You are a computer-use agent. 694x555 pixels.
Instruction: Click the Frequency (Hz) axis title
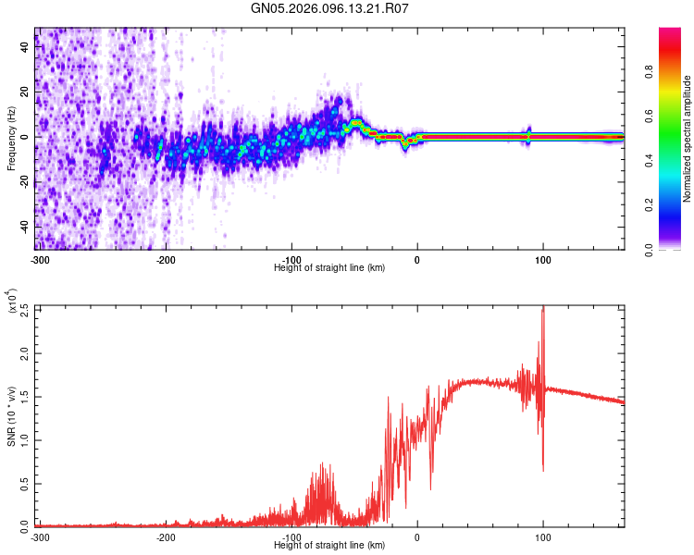click(11, 139)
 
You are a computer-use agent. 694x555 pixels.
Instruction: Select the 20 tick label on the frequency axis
click(26, 92)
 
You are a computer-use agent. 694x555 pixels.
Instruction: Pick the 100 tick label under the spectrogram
click(543, 259)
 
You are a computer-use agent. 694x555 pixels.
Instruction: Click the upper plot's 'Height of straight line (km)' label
click(329, 267)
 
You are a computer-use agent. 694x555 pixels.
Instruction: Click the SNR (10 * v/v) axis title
click(11, 416)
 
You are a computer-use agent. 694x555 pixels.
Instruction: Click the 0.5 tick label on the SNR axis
click(24, 483)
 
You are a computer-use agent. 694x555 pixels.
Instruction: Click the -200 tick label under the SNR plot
click(166, 536)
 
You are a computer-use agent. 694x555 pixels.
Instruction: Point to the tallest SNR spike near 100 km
click(543, 310)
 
